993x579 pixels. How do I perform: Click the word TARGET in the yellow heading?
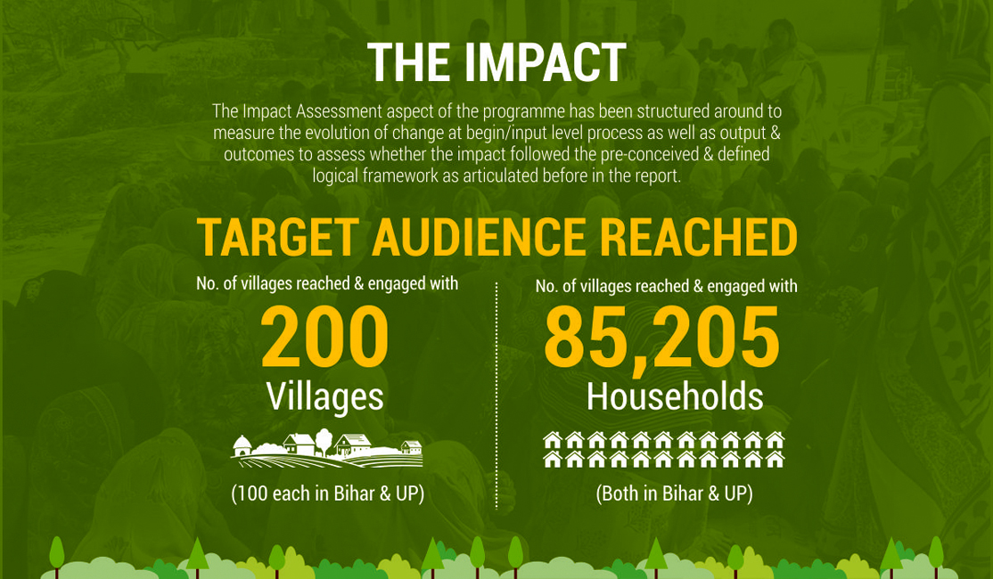pyautogui.click(x=278, y=237)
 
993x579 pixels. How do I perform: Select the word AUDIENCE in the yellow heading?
pyautogui.click(x=479, y=237)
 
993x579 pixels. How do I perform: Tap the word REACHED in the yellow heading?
pyautogui.click(x=698, y=237)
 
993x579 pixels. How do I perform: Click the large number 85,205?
pyautogui.click(x=661, y=338)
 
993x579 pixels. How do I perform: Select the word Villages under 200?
pyautogui.click(x=324, y=397)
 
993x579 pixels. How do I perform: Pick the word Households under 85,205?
pyautogui.click(x=675, y=396)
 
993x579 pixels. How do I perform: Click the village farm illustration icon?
pyautogui.click(x=327, y=449)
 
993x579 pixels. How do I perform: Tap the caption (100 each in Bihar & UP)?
pyautogui.click(x=327, y=493)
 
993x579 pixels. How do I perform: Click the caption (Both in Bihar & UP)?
pyautogui.click(x=675, y=493)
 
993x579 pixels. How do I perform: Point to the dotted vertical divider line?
pyautogui.click(x=497, y=396)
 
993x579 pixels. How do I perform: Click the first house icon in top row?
pyautogui.click(x=553, y=440)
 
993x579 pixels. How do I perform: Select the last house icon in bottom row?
pyautogui.click(x=776, y=459)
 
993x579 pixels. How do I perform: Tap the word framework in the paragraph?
pyautogui.click(x=400, y=175)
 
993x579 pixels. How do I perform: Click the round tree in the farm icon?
pyautogui.click(x=324, y=440)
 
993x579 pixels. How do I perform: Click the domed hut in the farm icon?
pyautogui.click(x=242, y=445)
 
